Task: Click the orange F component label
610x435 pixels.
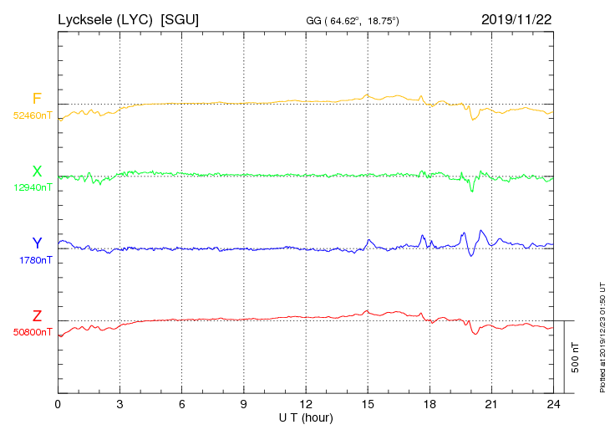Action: [37, 99]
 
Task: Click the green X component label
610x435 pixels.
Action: [37, 171]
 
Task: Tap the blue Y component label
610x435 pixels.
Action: [37, 243]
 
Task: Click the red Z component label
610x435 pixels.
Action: [37, 316]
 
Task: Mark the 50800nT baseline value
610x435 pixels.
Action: [33, 332]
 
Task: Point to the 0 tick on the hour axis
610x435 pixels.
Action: [58, 405]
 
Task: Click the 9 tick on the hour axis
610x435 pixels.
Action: [243, 405]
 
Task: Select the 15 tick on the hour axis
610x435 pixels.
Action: [367, 405]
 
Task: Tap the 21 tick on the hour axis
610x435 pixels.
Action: [491, 405]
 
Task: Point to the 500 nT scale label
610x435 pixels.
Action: [576, 357]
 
